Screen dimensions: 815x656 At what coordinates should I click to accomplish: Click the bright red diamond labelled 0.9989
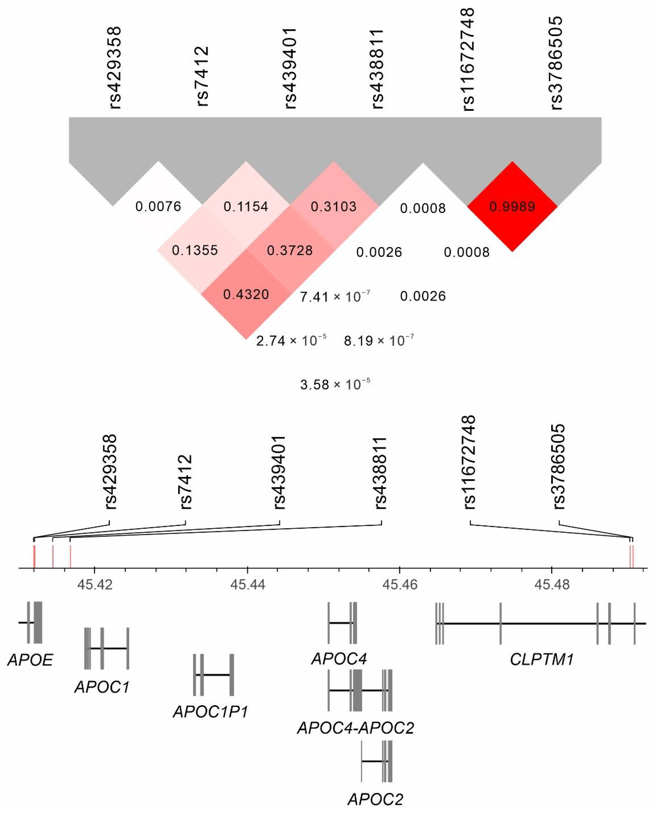(512, 206)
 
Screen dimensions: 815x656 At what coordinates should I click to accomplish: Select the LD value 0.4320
(246, 294)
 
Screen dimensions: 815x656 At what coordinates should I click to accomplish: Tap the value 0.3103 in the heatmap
(334, 206)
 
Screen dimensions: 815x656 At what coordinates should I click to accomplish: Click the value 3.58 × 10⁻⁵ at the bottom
(335, 384)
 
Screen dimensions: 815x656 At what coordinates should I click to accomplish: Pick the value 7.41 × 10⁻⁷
(335, 296)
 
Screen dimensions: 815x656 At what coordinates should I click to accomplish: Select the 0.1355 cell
(195, 250)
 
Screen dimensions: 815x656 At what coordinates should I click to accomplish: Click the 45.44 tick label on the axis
(247, 585)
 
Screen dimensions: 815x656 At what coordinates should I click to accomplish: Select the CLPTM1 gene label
(542, 660)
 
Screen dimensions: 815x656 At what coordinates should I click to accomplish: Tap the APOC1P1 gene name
(210, 712)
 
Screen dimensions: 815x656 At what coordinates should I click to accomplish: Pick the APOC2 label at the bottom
(375, 800)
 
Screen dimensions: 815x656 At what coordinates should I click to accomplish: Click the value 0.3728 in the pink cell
(290, 250)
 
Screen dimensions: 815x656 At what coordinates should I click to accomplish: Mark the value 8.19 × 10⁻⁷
(379, 341)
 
